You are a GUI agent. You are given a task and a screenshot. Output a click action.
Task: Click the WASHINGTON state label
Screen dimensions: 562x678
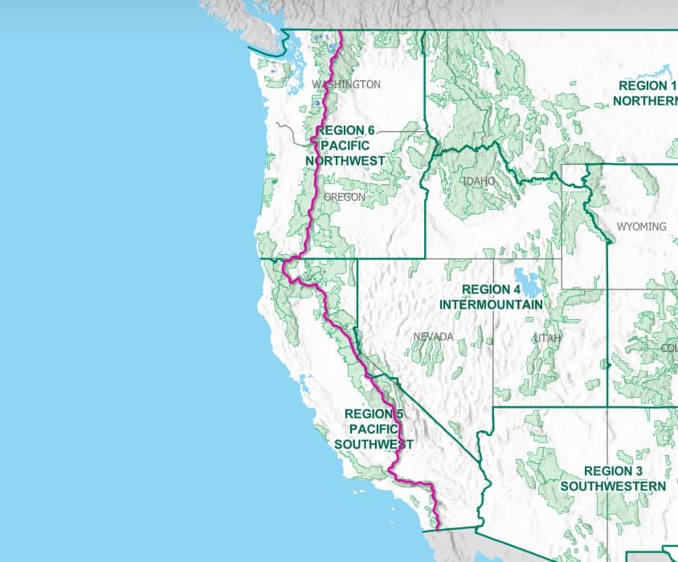point(346,84)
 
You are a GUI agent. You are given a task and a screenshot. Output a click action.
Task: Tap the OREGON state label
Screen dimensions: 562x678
point(345,197)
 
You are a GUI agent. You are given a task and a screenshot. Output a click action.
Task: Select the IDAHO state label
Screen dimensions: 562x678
point(479,182)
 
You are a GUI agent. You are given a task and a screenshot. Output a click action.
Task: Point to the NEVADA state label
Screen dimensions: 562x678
point(434,336)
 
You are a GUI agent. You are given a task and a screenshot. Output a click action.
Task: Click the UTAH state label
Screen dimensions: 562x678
point(547,338)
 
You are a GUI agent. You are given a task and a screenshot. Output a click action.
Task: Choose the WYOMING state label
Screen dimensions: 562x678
point(641,227)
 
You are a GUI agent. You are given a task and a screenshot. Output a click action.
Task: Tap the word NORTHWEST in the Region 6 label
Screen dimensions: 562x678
point(345,161)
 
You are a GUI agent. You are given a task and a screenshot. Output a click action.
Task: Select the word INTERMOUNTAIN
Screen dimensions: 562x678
point(491,305)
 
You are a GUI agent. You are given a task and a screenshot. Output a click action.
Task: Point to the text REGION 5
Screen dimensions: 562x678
point(374,414)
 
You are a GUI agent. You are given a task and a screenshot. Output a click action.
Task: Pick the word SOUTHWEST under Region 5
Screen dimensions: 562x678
point(374,445)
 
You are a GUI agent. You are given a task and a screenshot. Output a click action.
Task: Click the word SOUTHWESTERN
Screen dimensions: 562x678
point(613,486)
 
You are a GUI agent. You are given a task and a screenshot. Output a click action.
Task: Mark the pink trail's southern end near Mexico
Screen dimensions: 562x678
point(439,527)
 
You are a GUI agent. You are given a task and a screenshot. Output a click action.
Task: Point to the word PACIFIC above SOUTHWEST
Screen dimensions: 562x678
point(374,429)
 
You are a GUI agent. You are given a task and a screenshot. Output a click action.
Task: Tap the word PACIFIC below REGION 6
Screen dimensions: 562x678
point(345,146)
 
